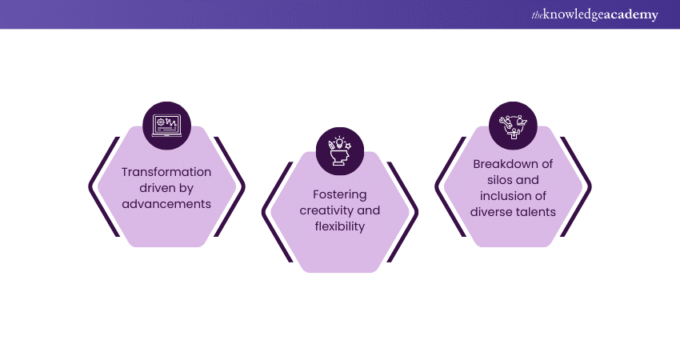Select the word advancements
point(166,203)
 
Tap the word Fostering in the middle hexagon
point(340,194)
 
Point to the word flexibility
point(340,226)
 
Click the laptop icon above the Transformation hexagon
point(167,125)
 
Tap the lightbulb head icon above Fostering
point(340,150)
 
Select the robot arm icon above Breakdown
point(513,125)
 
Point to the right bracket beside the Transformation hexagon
point(239,186)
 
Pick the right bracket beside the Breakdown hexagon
point(586,186)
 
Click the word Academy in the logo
point(633,15)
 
